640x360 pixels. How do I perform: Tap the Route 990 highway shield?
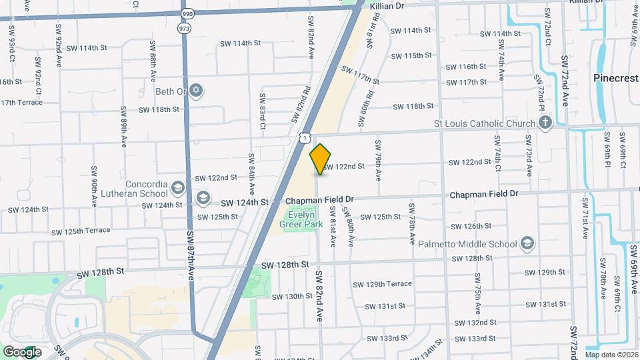pos(186,13)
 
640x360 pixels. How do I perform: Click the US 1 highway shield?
pos(304,137)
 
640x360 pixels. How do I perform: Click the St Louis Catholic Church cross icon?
pos(545,123)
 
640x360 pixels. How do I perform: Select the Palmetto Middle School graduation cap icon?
pos(527,243)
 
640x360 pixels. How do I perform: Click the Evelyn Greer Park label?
pos(305,219)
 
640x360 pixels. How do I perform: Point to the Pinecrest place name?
pos(615,78)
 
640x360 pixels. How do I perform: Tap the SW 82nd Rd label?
pos(301,105)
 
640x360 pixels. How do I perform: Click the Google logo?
pos(22,351)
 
